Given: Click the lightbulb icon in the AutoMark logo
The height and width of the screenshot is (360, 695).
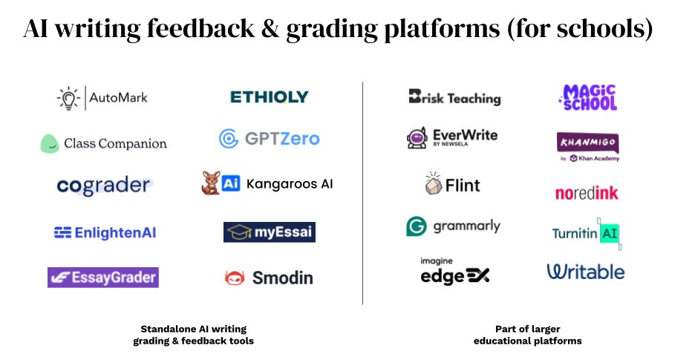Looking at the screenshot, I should [x=68, y=97].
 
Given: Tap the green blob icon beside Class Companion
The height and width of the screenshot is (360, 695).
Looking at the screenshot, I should [x=49, y=143].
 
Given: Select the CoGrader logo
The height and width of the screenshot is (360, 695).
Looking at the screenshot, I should [x=103, y=186].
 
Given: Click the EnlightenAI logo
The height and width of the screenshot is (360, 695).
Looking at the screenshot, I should [x=105, y=232].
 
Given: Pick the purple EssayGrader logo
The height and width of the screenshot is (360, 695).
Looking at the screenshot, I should [x=103, y=278].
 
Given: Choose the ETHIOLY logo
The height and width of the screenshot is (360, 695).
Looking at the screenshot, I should [x=269, y=97].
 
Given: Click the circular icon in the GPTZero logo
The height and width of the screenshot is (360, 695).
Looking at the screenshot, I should [x=228, y=139].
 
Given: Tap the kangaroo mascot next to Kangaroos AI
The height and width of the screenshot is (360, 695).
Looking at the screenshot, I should [x=210, y=183].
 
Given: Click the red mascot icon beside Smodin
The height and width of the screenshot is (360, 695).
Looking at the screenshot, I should [x=235, y=278].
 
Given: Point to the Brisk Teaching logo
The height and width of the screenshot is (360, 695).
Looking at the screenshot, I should [x=454, y=97].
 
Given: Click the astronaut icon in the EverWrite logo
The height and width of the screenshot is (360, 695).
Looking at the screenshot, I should [x=416, y=138].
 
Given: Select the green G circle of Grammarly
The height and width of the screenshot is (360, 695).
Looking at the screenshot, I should [x=416, y=226].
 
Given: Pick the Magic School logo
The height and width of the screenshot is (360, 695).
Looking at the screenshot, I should [x=588, y=97].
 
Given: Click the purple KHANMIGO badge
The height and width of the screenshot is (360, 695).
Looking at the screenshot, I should [x=587, y=142].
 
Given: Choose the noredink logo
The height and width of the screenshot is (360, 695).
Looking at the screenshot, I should [x=587, y=194].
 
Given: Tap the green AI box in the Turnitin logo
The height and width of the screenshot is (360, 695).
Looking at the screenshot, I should [x=609, y=233].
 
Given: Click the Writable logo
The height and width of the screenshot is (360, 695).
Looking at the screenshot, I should [x=586, y=272].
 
